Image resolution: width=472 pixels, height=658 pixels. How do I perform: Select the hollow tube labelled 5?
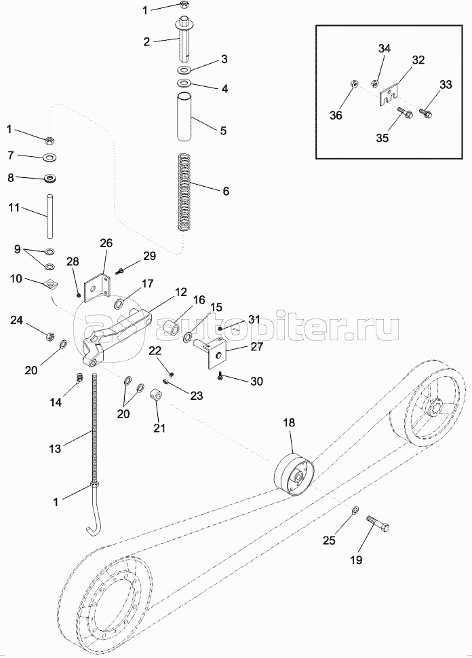pos(184,119)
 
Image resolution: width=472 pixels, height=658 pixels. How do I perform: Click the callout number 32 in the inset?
pos(418,60)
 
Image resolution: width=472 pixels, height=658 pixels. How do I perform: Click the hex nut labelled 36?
pos(353,85)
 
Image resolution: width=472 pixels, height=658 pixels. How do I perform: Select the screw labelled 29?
pos(120,270)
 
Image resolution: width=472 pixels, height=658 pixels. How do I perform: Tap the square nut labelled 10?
pos(48,284)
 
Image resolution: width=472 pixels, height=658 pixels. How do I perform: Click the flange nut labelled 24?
pos(50,335)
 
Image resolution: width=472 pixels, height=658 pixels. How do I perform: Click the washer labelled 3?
pos(185,71)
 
